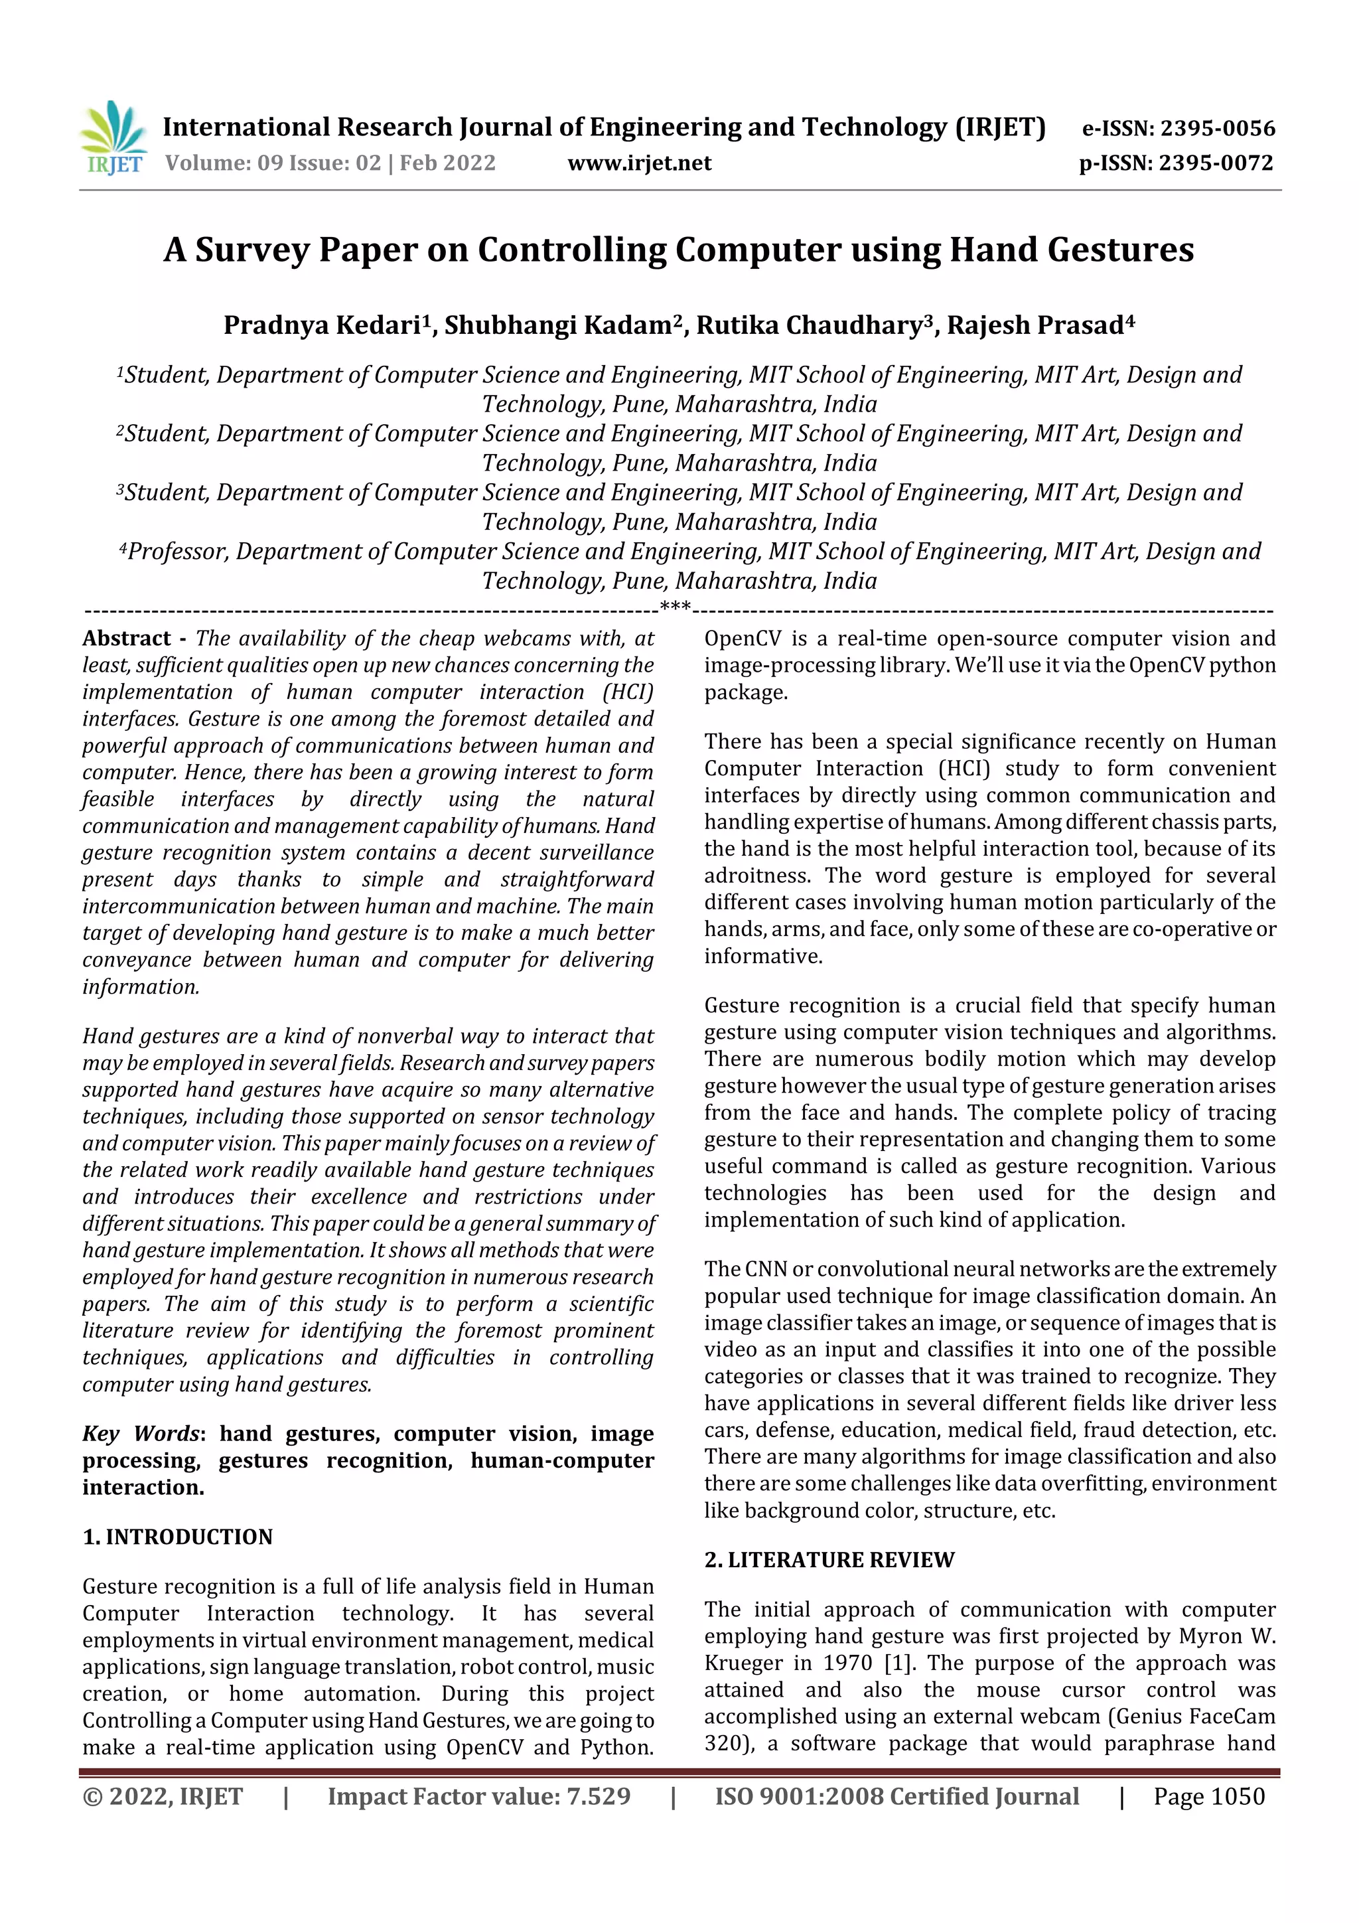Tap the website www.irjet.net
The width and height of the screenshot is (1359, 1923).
639,163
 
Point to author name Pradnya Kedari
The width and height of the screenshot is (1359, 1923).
322,325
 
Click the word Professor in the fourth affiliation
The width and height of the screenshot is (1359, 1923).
178,552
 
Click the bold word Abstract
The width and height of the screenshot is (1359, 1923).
127,639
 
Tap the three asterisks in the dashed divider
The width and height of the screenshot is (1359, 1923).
675,607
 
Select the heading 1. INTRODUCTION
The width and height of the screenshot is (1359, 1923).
178,1537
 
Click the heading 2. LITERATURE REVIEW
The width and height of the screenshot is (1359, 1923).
829,1559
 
